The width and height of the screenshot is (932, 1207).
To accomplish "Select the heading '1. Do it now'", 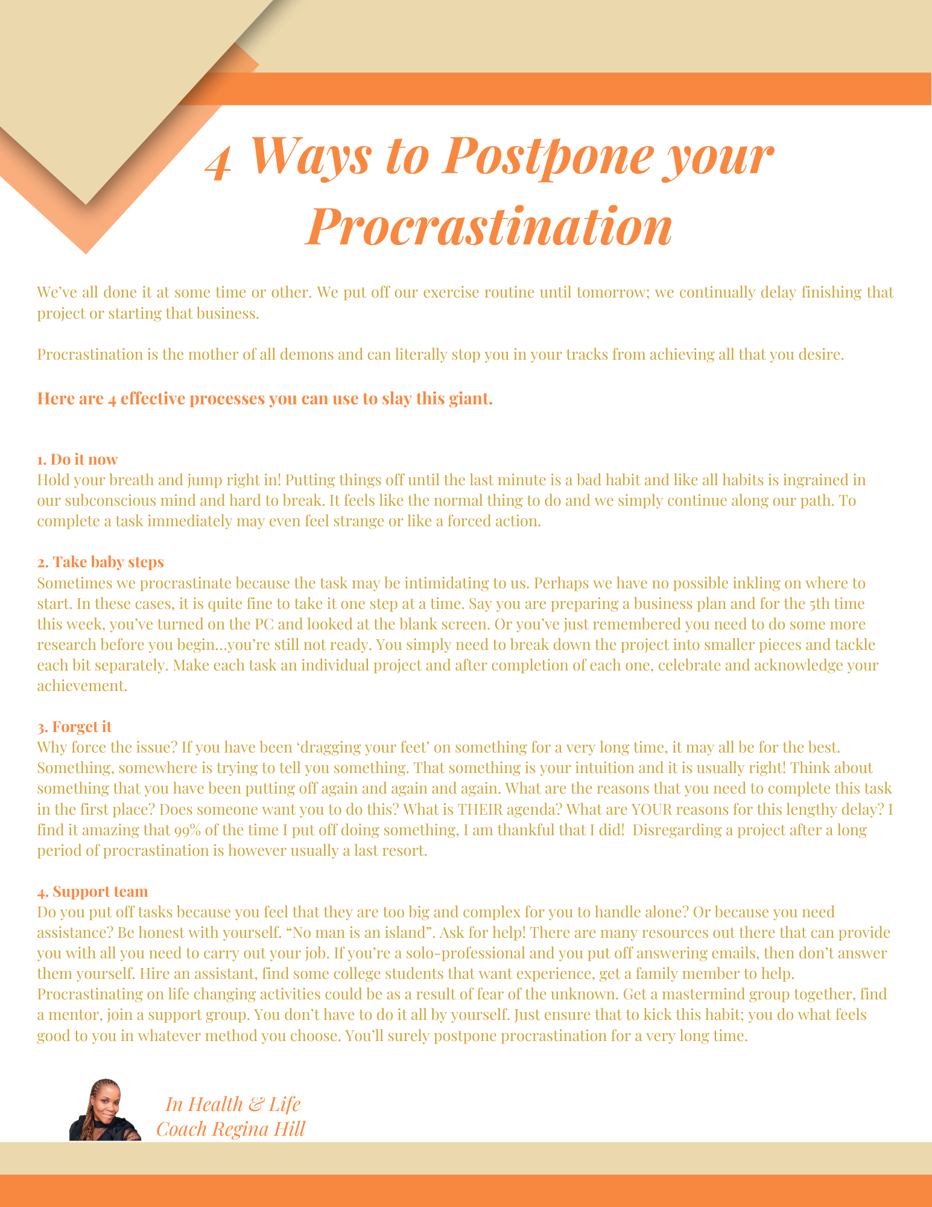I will [77, 459].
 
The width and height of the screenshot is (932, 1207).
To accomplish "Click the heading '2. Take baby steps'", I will [100, 562].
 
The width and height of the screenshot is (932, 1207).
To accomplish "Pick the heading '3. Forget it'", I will [74, 727].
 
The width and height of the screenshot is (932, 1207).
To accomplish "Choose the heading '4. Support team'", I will [92, 891].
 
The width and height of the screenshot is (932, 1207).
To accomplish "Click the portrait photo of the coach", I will [105, 1110].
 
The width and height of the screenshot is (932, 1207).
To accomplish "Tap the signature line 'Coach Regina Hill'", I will [230, 1129].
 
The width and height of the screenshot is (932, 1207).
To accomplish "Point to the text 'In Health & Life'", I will [232, 1104].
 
